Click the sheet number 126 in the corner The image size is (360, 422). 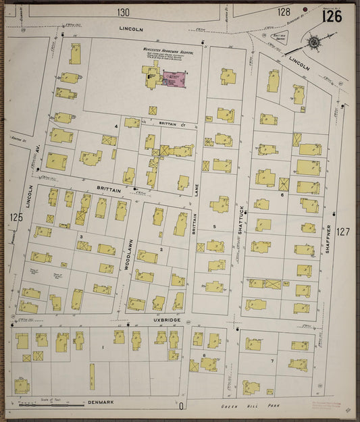332,16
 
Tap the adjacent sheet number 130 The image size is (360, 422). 122,12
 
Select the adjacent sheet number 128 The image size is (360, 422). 284,12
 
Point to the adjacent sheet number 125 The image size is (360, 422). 16,217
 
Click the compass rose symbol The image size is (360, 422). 313,44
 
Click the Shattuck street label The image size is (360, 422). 239,219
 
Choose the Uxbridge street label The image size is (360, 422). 164,321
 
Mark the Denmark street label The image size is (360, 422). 100,402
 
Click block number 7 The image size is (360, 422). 271,361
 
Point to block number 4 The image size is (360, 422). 115,126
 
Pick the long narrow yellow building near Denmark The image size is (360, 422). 92,376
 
